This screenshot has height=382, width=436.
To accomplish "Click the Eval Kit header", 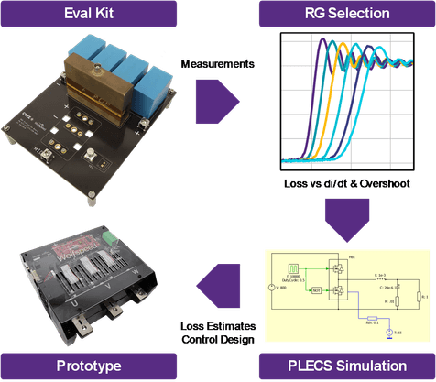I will click(89, 14).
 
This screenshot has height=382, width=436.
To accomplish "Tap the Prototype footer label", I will click(89, 366).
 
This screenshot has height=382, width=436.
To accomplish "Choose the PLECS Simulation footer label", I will click(346, 366).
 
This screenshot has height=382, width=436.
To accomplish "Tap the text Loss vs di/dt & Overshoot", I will click(345, 184).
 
